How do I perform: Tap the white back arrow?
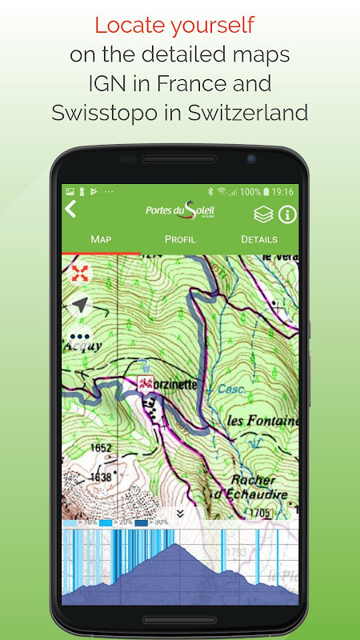(70, 210)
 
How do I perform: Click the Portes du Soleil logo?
(180, 210)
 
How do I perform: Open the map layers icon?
(263, 214)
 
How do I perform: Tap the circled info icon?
(286, 214)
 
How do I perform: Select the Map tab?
(101, 239)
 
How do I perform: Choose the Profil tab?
(180, 239)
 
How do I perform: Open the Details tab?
(259, 239)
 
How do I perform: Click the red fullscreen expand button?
(80, 273)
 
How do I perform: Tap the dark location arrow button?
(80, 305)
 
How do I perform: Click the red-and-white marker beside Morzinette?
(146, 384)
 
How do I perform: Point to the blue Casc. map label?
(231, 389)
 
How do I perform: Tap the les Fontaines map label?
(262, 421)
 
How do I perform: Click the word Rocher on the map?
(252, 479)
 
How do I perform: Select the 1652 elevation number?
(79, 448)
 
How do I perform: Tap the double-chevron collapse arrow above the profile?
(180, 513)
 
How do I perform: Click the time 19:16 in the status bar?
(282, 192)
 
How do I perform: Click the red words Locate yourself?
(174, 25)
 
